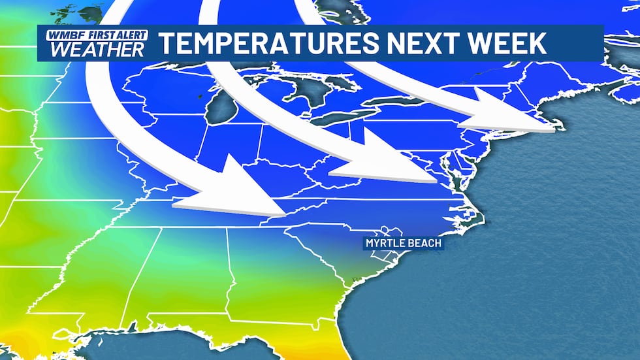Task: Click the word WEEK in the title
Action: point(504,43)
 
